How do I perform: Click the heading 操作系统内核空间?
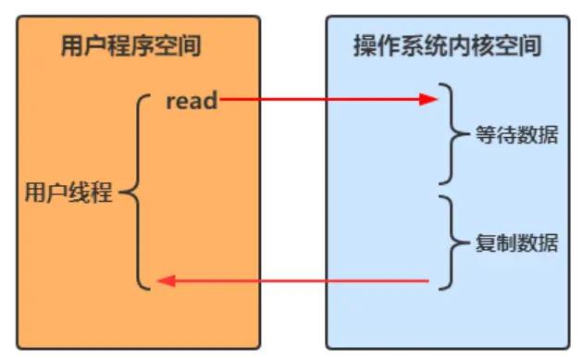click(447, 45)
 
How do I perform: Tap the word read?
click(192, 100)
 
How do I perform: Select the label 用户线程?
click(68, 194)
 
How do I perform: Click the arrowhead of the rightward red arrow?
click(429, 99)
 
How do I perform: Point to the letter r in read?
click(171, 101)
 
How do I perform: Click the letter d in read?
click(211, 100)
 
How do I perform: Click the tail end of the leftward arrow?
click(427, 280)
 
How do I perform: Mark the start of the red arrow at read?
click(222, 99)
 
